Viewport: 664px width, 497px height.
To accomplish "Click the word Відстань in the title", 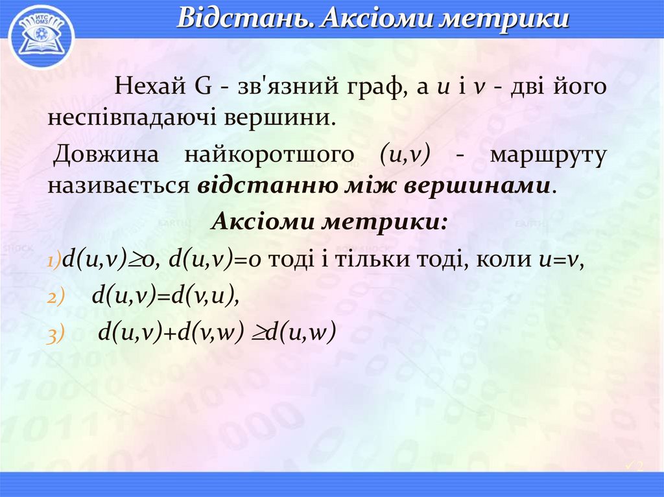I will [x=244, y=19].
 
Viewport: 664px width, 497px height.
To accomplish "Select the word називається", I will [x=118, y=185].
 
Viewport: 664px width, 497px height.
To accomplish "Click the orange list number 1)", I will [x=53, y=261].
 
